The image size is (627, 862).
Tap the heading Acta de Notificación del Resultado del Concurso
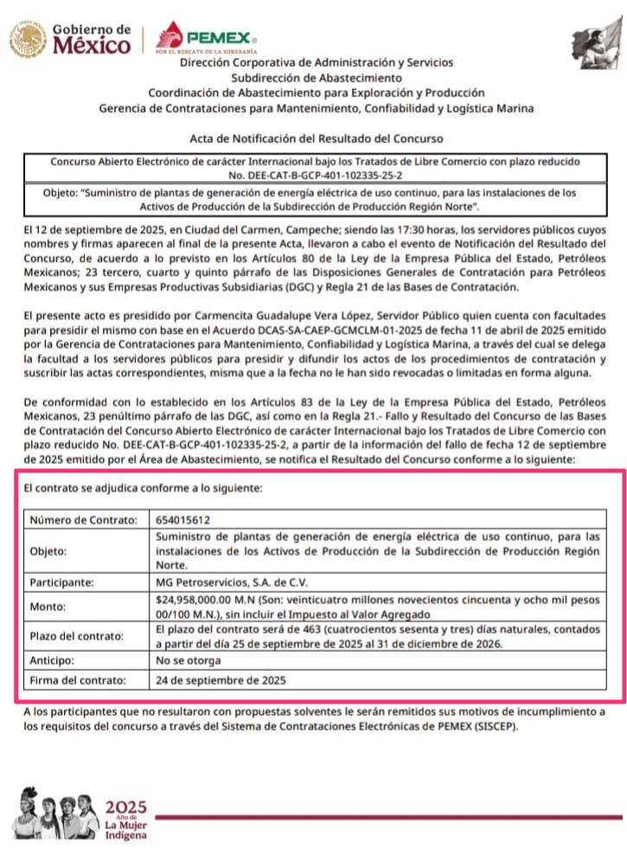(x=316, y=138)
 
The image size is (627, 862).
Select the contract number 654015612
(x=182, y=520)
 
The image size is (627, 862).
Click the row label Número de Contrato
(x=84, y=520)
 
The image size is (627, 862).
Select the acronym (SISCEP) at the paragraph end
(x=495, y=726)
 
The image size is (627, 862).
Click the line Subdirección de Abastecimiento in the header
(x=316, y=78)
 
